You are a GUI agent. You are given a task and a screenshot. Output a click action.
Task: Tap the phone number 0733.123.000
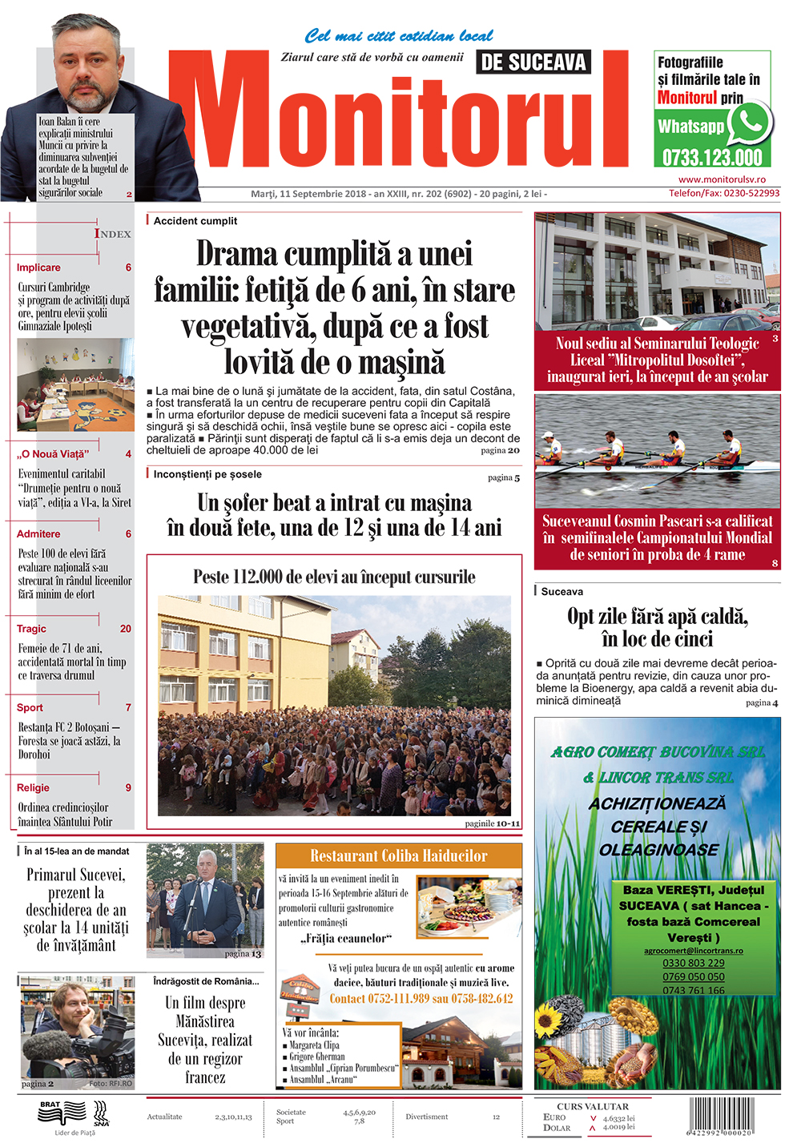pos(711,157)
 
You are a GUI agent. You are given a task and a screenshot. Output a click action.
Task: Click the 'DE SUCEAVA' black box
pos(533,62)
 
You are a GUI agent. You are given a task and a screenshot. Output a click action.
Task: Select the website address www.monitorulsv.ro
pos(722,179)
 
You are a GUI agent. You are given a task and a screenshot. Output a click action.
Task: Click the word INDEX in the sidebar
pos(113,234)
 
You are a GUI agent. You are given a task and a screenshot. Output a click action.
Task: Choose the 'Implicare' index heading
pos(38,268)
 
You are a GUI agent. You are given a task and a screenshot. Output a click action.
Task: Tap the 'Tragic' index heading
pos(31,629)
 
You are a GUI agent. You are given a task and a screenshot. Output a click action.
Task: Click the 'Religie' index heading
pos(33,787)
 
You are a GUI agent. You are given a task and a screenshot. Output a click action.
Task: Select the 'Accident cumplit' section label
pos(195,221)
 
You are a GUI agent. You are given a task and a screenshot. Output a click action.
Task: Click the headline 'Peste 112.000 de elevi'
pos(334,577)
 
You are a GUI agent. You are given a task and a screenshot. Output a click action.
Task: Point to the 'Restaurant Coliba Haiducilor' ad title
pos(398,855)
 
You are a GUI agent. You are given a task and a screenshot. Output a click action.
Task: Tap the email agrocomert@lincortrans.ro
pos(693,951)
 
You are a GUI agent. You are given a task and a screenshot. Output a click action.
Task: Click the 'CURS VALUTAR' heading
pos(592,1106)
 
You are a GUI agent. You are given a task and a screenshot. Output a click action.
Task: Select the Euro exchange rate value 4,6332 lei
pos(618,1118)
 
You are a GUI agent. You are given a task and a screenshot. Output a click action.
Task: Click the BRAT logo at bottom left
pos(50,1106)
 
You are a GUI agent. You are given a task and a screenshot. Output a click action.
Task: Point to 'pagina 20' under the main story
pos(500,450)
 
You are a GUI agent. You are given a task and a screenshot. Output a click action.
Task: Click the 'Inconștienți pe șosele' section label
pos(207,474)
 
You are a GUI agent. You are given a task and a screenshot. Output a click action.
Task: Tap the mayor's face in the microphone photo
pos(207,869)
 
